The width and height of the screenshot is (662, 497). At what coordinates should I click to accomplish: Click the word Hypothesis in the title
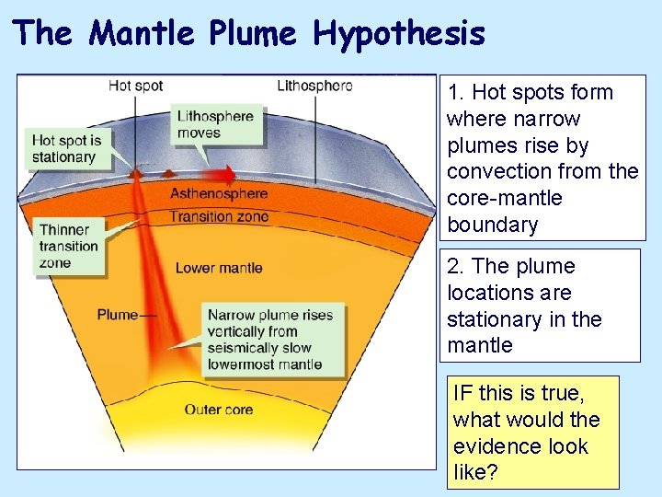(398, 34)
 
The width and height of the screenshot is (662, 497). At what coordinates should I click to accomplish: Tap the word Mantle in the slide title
(143, 34)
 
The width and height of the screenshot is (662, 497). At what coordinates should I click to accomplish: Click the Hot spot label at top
(135, 86)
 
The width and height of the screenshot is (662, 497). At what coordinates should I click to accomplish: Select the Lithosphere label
(314, 86)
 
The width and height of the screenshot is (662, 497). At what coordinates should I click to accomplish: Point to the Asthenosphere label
(219, 194)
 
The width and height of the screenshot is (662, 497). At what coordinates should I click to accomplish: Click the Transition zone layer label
(219, 217)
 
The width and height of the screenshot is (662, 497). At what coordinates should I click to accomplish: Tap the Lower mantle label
(219, 268)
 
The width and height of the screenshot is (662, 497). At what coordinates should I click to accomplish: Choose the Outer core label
(219, 410)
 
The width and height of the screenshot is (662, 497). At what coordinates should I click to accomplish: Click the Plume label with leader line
(117, 315)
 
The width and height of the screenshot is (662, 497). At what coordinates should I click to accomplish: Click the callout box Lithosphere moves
(215, 124)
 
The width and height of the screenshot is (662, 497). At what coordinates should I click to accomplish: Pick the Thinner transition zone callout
(68, 246)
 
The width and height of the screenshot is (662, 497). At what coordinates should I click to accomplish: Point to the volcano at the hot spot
(137, 171)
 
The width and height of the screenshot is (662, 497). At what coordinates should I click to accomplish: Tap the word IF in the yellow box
(462, 393)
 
